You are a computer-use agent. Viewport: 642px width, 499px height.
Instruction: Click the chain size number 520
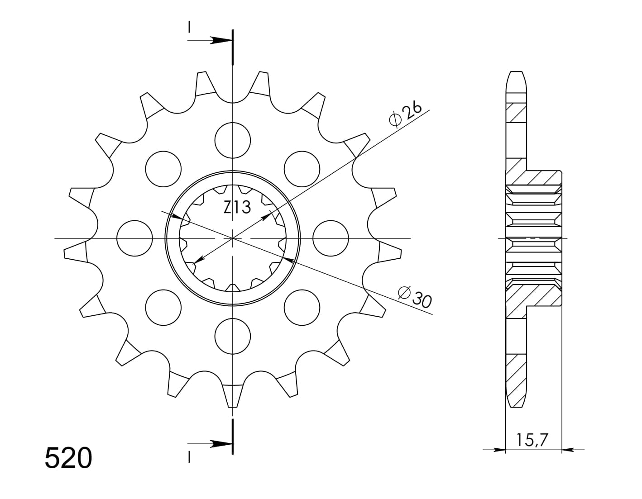[68, 458]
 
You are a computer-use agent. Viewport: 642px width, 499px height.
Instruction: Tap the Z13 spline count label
[237, 207]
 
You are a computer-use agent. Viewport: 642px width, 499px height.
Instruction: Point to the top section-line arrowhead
[221, 41]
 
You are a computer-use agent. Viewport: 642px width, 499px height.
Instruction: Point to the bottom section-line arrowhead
[221, 443]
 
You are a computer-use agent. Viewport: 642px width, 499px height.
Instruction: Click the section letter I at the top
[189, 28]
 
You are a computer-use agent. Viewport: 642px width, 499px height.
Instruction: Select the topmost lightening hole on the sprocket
[232, 140]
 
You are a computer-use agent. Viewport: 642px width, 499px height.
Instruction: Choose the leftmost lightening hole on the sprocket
[134, 238]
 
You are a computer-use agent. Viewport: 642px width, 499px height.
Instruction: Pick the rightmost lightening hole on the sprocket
[331, 238]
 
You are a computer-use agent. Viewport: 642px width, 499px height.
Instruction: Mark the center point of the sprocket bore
[232, 238]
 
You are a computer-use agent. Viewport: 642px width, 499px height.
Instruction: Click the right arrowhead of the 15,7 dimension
[567, 450]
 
